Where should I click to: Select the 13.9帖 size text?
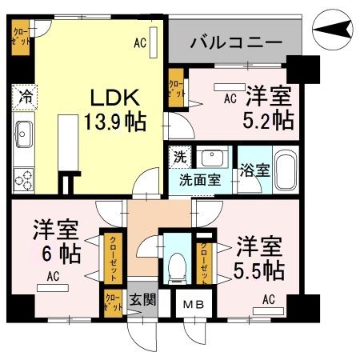click(x=117, y=123)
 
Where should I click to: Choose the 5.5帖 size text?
click(x=258, y=269)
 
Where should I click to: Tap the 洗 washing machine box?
click(x=180, y=157)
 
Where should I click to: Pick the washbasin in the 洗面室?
click(x=211, y=156)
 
